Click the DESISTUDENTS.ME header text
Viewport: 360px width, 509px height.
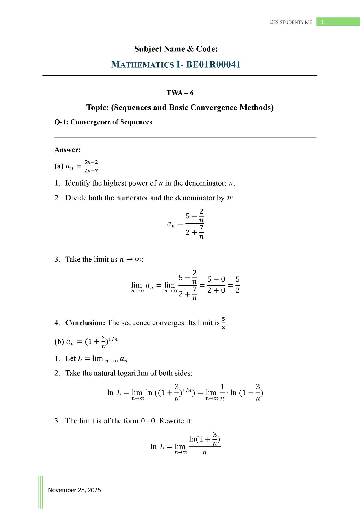pos(291,22)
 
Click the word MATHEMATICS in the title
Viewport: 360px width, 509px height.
pos(142,64)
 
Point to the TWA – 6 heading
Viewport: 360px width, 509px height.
pos(180,93)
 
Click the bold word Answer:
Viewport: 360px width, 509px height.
pos(67,150)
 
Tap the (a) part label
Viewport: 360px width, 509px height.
pos(59,166)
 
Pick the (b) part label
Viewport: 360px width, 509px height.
pos(59,341)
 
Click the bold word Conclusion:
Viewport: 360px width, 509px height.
pos(85,323)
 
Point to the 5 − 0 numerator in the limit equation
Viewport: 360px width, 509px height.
pos(216,279)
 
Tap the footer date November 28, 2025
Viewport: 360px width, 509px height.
pos(74,490)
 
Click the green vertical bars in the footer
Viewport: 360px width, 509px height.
pos(41,492)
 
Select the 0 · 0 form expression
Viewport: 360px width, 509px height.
pos(148,421)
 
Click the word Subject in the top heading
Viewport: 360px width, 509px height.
pos(148,49)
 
